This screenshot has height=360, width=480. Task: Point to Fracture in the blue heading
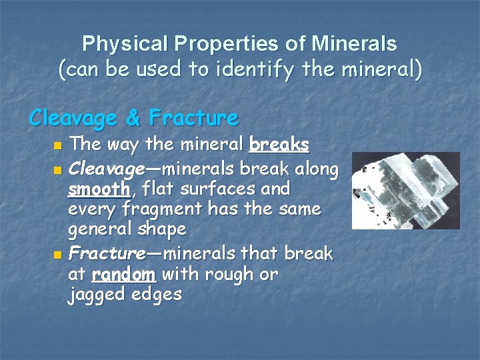click(x=193, y=118)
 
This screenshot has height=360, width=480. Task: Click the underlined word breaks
click(x=279, y=144)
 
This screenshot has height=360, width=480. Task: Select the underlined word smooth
click(x=99, y=189)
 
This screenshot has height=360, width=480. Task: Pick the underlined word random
click(x=123, y=274)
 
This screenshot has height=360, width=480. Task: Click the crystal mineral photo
click(x=405, y=190)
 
